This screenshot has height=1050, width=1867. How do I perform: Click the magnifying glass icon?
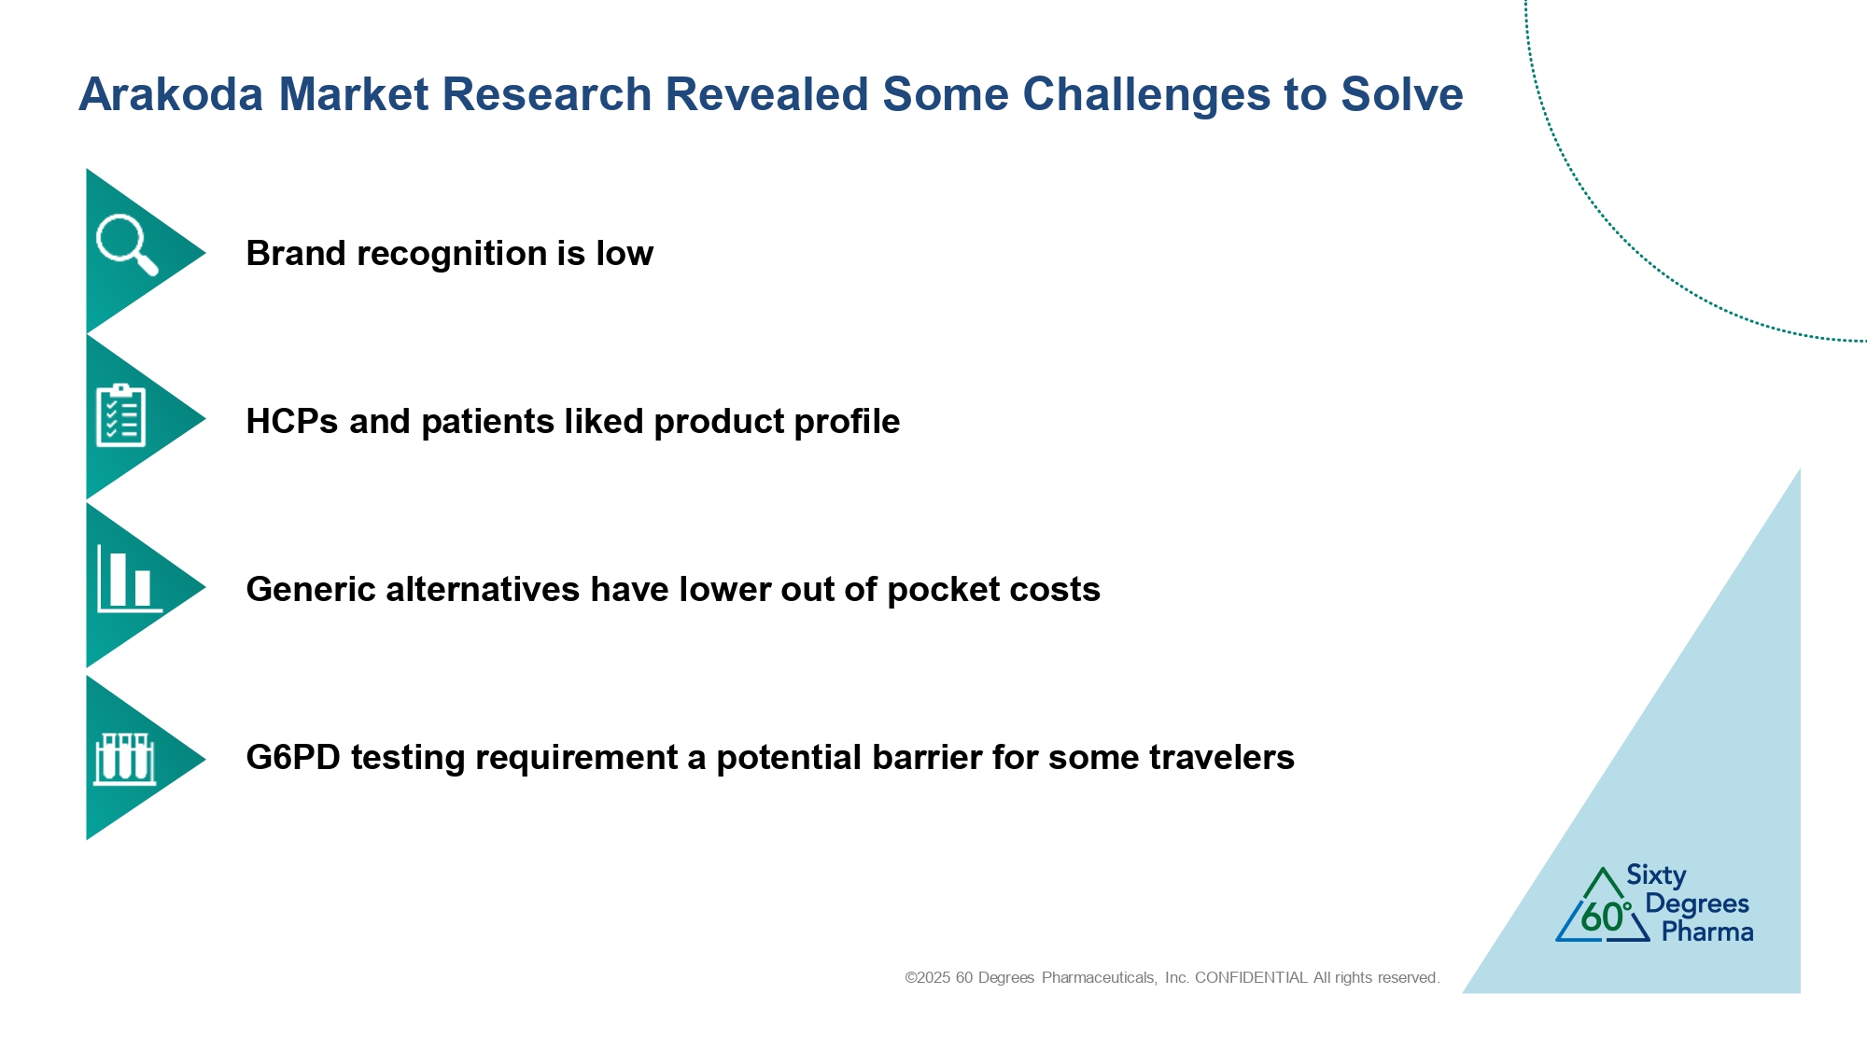tap(127, 245)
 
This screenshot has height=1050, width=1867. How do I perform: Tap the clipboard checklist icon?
tap(121, 415)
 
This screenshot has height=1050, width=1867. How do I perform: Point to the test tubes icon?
tap(124, 759)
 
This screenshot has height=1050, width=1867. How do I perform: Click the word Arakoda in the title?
tap(172, 94)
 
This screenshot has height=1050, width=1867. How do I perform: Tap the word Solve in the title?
tap(1402, 94)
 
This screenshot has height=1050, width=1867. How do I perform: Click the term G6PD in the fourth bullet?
tap(293, 757)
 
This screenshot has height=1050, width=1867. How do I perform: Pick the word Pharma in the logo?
tap(1707, 931)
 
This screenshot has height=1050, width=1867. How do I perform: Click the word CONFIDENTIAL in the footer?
tap(1251, 977)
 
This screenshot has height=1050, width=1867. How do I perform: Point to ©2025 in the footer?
tap(927, 977)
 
